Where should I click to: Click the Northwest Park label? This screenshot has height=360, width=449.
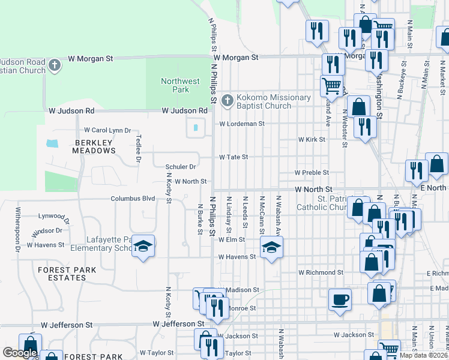180,85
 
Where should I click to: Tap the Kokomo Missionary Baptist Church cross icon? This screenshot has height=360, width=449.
227,101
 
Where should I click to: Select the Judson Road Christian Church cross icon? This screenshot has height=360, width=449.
55,65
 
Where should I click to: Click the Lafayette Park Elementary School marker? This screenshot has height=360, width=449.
143,246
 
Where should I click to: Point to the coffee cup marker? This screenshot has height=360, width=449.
340,299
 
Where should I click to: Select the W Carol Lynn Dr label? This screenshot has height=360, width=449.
107,130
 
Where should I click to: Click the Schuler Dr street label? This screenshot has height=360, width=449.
181,167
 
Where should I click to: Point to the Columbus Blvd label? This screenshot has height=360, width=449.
133,199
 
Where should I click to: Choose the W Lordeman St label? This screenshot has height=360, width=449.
241,124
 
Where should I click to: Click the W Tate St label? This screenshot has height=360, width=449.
234,157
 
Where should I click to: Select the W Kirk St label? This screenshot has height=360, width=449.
312,139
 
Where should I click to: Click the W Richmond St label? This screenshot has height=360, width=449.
321,272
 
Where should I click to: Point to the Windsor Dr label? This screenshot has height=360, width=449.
47,230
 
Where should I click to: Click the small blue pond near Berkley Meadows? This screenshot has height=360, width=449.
52,144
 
